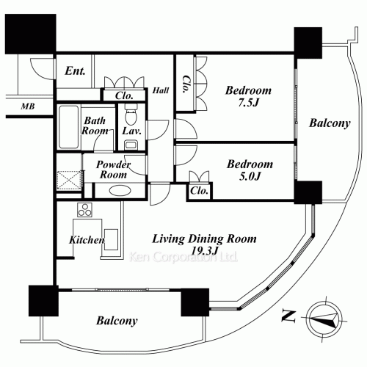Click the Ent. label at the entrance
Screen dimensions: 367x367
[75, 71]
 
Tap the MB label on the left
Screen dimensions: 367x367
[28, 106]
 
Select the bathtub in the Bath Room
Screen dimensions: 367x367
[68, 127]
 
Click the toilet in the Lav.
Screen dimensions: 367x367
[130, 115]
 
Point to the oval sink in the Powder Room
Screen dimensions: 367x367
[120, 191]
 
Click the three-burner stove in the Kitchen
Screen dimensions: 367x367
[84, 210]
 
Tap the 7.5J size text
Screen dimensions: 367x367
[249, 103]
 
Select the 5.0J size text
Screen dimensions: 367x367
[250, 176]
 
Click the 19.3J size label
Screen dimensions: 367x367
[205, 250]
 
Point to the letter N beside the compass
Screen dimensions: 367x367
[288, 316]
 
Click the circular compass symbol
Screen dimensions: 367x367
[325, 319]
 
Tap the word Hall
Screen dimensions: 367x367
[161, 90]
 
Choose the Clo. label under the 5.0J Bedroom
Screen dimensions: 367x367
[200, 191]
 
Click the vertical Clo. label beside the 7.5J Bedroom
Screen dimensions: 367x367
[187, 84]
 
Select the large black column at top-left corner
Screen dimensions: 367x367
[31, 34]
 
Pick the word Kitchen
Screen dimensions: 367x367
[87, 240]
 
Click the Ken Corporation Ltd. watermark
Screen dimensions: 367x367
[183, 257]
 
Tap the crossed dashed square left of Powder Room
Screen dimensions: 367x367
[69, 181]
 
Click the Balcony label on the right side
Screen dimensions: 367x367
[330, 123]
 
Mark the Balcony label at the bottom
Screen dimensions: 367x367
[117, 321]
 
